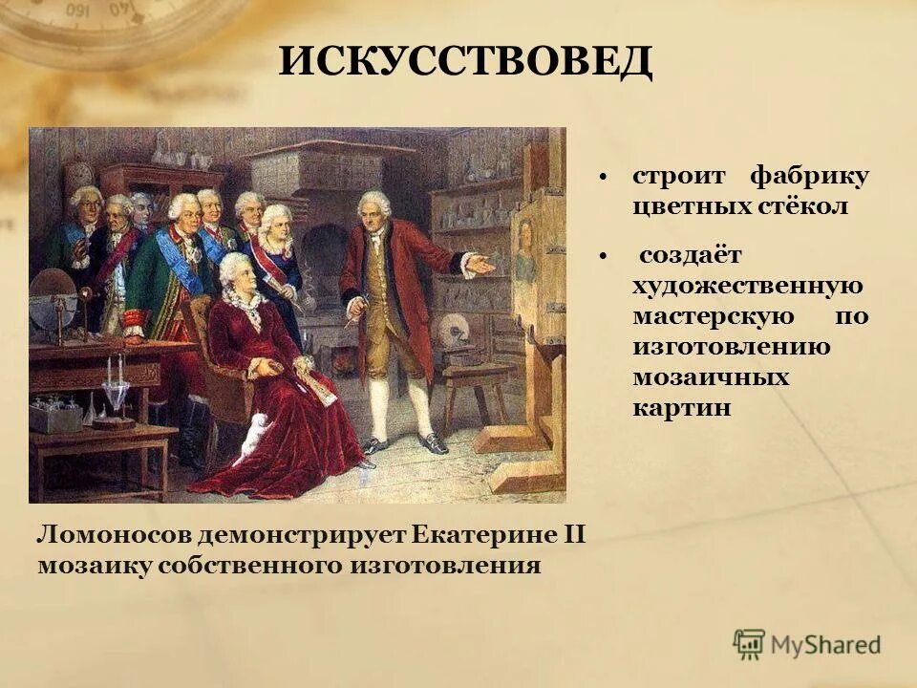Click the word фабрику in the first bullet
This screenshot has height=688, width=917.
point(809,177)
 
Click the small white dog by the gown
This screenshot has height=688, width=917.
point(250,441)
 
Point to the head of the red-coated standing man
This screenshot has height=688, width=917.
point(373,208)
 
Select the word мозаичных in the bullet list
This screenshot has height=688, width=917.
point(710,376)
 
